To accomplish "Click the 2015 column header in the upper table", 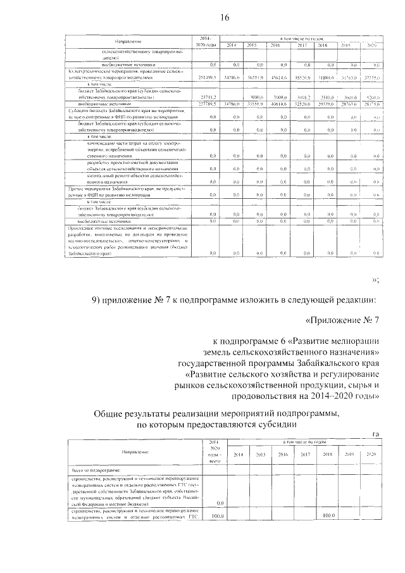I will coord(251,45).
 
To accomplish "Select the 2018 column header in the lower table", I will coord(327,454).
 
